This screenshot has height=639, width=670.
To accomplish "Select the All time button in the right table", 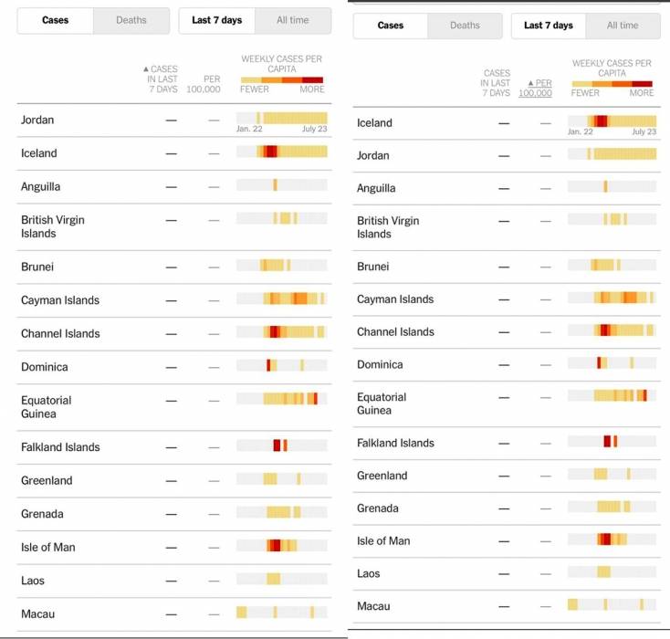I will tap(623, 26).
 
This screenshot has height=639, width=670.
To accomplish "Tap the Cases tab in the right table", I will tap(391, 26).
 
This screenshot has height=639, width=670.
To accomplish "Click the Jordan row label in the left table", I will tap(38, 120).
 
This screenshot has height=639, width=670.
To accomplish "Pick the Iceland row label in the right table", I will tap(374, 123).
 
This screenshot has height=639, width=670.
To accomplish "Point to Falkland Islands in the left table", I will tap(60, 447).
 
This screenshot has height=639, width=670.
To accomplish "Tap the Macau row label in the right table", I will tap(373, 606).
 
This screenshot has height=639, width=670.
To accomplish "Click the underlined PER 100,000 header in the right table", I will tap(535, 88).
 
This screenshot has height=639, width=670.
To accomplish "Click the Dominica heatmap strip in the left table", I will tap(281, 365).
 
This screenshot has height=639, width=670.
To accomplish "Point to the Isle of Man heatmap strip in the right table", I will tap(612, 539).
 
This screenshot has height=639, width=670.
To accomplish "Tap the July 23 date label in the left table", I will tap(314, 129).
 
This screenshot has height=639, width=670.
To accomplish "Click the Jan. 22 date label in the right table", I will tap(581, 131).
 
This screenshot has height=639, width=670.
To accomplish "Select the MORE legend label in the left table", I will tap(311, 89).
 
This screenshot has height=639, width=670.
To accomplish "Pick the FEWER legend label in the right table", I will tap(586, 92).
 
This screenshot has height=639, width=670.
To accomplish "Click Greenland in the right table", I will tap(382, 476).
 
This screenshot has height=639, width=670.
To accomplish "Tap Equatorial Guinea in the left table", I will tap(46, 407).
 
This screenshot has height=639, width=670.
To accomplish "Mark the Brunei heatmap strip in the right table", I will tap(612, 265).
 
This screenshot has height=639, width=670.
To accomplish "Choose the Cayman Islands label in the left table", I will tap(60, 300).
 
